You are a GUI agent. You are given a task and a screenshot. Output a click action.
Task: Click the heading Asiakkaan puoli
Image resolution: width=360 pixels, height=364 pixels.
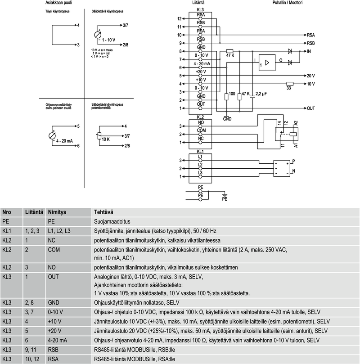click(x=58, y=3)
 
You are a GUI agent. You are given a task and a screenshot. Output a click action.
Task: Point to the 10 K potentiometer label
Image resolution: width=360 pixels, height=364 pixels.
click(x=106, y=139)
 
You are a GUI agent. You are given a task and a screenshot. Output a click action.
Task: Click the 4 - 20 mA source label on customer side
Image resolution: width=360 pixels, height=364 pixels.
click(x=63, y=141)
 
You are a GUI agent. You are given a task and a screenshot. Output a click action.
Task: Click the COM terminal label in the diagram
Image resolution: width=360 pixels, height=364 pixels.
click(x=201, y=130)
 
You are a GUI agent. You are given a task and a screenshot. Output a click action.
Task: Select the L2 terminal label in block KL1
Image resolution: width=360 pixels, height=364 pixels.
click(x=201, y=165)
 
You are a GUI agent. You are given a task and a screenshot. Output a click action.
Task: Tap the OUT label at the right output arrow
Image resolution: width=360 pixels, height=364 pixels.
click(x=311, y=108)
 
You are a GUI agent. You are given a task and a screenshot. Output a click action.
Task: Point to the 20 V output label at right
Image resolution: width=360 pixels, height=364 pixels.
click(x=311, y=76)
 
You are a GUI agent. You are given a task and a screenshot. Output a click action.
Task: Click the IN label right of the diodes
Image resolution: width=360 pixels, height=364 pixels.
click(x=310, y=52)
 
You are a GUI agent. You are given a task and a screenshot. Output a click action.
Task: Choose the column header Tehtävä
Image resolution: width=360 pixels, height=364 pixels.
click(x=103, y=212)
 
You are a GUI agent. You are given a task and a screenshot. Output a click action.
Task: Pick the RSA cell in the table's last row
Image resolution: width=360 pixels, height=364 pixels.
click(x=53, y=359)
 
